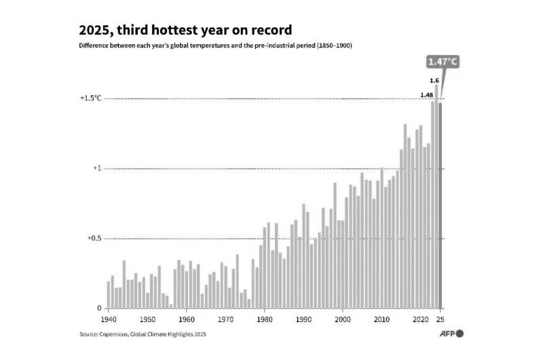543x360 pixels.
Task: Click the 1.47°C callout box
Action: (x=443, y=62)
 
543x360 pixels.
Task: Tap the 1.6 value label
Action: (x=435, y=81)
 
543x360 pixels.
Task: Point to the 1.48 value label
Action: (x=427, y=94)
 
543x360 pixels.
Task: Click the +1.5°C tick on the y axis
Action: (x=90, y=98)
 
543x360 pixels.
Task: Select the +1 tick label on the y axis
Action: (x=97, y=168)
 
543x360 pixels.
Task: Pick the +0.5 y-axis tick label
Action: (x=94, y=238)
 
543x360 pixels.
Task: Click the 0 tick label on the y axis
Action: (x=99, y=308)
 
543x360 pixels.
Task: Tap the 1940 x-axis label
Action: (x=108, y=319)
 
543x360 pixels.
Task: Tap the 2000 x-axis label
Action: (x=343, y=319)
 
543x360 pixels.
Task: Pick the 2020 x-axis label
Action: (x=421, y=319)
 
